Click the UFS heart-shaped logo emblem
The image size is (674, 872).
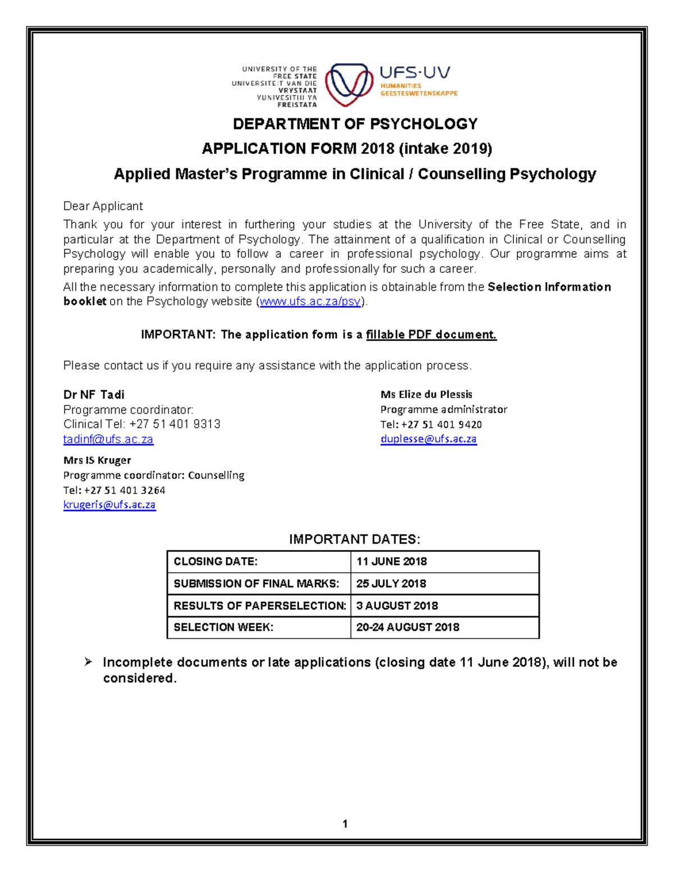click(x=349, y=84)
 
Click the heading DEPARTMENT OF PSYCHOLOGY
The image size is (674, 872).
click(x=355, y=124)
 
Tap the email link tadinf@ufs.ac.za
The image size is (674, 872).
click(x=108, y=439)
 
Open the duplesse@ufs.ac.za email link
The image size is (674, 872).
click(x=429, y=439)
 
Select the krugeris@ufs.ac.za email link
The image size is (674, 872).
click(x=109, y=505)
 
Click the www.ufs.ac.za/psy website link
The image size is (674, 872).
click(x=310, y=302)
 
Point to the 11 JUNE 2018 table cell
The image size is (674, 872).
click(x=391, y=561)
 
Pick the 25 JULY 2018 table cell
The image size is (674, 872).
click(x=391, y=583)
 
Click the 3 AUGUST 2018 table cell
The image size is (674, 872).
click(x=397, y=606)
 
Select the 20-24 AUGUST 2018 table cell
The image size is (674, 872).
click(x=408, y=627)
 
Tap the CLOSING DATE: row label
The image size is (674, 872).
click(x=216, y=561)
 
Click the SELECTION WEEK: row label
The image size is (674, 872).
click(x=224, y=627)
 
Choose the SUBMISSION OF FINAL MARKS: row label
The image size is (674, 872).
click(x=256, y=583)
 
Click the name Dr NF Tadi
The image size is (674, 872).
click(x=94, y=395)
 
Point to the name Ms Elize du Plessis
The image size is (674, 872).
click(x=426, y=395)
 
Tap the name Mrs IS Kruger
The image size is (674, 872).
click(x=97, y=460)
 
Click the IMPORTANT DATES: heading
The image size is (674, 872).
click(x=354, y=540)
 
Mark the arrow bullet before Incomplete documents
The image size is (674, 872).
click(x=88, y=662)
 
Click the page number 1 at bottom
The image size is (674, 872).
click(x=345, y=824)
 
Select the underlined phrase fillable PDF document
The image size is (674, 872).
click(x=431, y=335)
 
